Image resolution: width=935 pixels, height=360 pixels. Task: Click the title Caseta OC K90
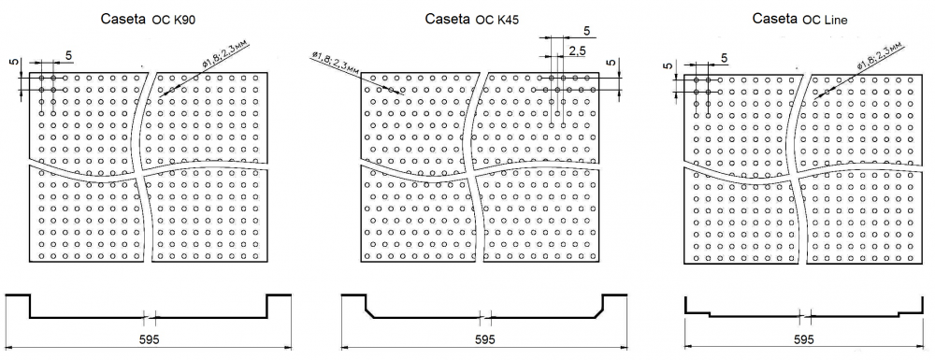pos(149,21)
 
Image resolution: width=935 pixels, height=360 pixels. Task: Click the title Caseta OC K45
pos(471,20)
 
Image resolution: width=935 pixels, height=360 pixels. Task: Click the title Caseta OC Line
pos(799,19)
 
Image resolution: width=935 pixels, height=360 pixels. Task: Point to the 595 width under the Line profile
pos(804,339)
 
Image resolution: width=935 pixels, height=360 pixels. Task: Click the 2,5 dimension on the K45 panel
pos(577,50)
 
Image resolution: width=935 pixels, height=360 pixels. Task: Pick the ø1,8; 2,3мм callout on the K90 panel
pos(224,54)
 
